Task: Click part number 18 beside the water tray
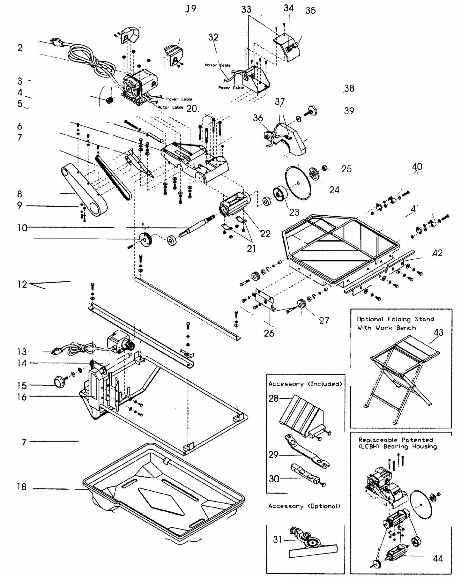[x=22, y=487]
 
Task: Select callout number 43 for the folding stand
[x=438, y=332]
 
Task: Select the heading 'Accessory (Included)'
[x=305, y=384]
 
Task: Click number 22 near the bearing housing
[x=265, y=234]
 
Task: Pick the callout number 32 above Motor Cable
[x=213, y=37]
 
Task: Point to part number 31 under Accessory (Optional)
[x=278, y=539]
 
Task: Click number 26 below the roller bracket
[x=269, y=333]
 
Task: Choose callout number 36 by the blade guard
[x=258, y=118]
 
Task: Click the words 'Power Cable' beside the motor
[x=179, y=99]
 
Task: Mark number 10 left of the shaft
[x=22, y=228]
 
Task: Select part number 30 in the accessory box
[x=274, y=479]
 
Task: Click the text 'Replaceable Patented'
[x=395, y=440]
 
